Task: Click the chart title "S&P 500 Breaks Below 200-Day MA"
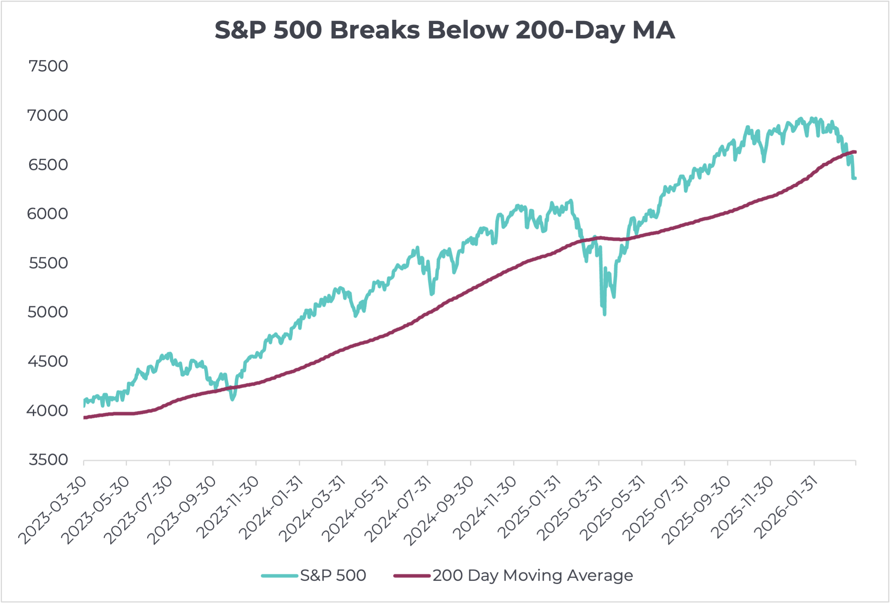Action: [x=445, y=30]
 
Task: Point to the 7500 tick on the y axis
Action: [x=48, y=66]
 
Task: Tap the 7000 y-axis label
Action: [x=48, y=115]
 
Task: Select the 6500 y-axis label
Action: [x=48, y=165]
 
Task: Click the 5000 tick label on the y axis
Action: [x=48, y=312]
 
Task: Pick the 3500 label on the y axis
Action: [x=48, y=460]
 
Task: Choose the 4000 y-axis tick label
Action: [x=47, y=410]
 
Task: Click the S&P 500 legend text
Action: [x=333, y=575]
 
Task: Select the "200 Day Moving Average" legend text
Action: [x=532, y=575]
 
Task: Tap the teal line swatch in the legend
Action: [x=279, y=575]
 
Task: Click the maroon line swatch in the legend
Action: [x=412, y=575]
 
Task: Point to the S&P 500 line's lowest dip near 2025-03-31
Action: [x=605, y=314]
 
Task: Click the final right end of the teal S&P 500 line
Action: [x=855, y=178]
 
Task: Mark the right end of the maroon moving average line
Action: [x=855, y=152]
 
